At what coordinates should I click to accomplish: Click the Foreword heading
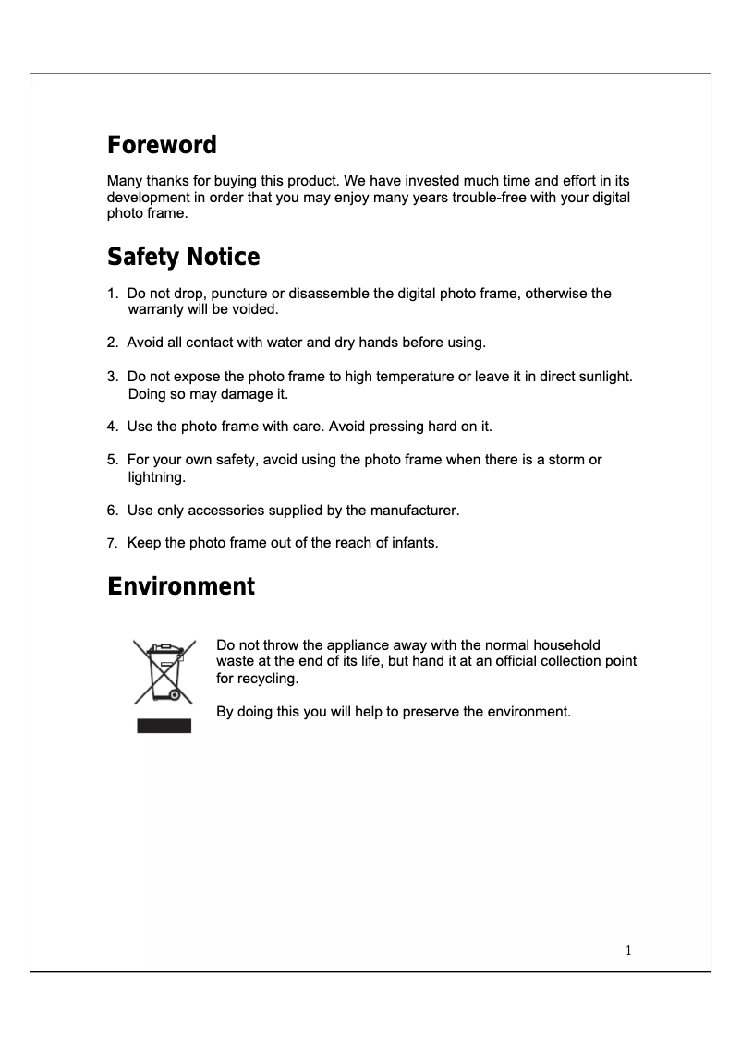pos(162,145)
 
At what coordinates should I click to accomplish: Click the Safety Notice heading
pos(183,256)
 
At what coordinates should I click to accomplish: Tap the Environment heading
pos(181,586)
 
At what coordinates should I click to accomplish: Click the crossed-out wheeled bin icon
pos(164,674)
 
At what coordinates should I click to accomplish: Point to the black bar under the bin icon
pos(164,726)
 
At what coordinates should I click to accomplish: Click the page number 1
pos(628,950)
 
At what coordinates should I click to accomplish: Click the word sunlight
pos(601,377)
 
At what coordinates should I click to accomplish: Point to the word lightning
pos(156,477)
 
